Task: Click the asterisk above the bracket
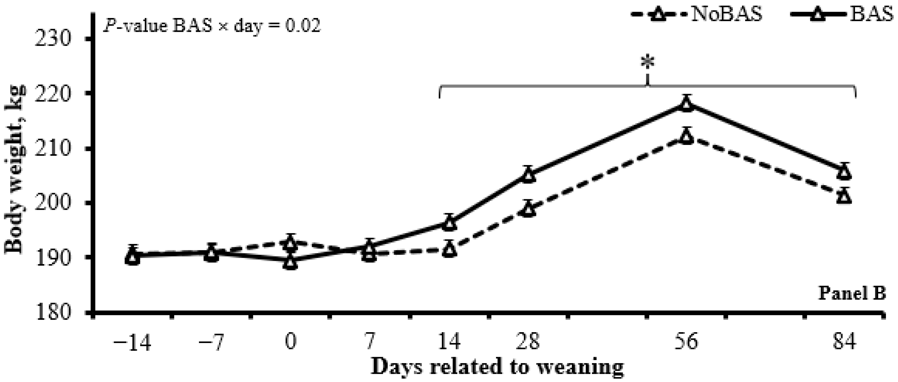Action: click(x=648, y=63)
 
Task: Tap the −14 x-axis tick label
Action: click(x=132, y=343)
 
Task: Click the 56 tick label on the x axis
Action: click(x=686, y=343)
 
